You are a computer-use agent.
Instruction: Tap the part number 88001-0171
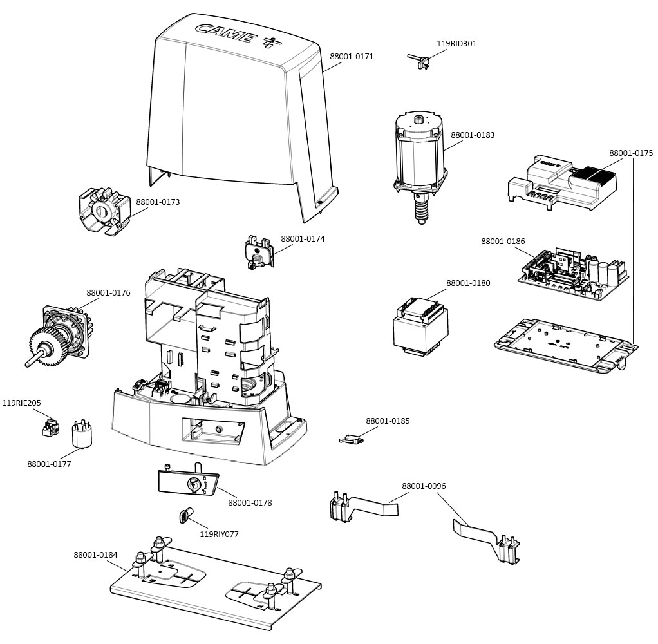[x=352, y=57]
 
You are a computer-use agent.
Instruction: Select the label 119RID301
[x=456, y=44]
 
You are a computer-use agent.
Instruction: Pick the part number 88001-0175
[x=631, y=153]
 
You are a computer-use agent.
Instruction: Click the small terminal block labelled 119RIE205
[x=50, y=427]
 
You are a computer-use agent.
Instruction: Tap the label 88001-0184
[x=95, y=554]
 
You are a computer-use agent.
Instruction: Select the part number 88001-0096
[x=424, y=486]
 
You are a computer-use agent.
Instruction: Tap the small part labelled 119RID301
[x=420, y=60]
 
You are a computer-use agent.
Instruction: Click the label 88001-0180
[x=468, y=283]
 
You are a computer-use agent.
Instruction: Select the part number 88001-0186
[x=503, y=241]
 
